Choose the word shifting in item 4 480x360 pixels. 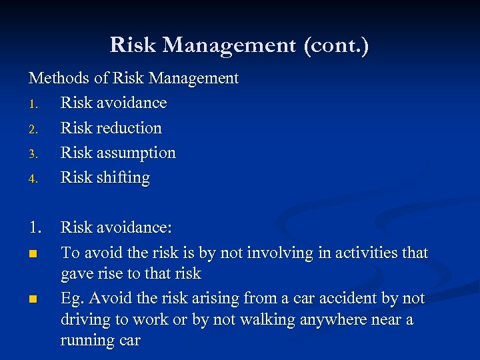tap(124, 178)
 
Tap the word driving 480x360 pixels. tap(87, 320)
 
